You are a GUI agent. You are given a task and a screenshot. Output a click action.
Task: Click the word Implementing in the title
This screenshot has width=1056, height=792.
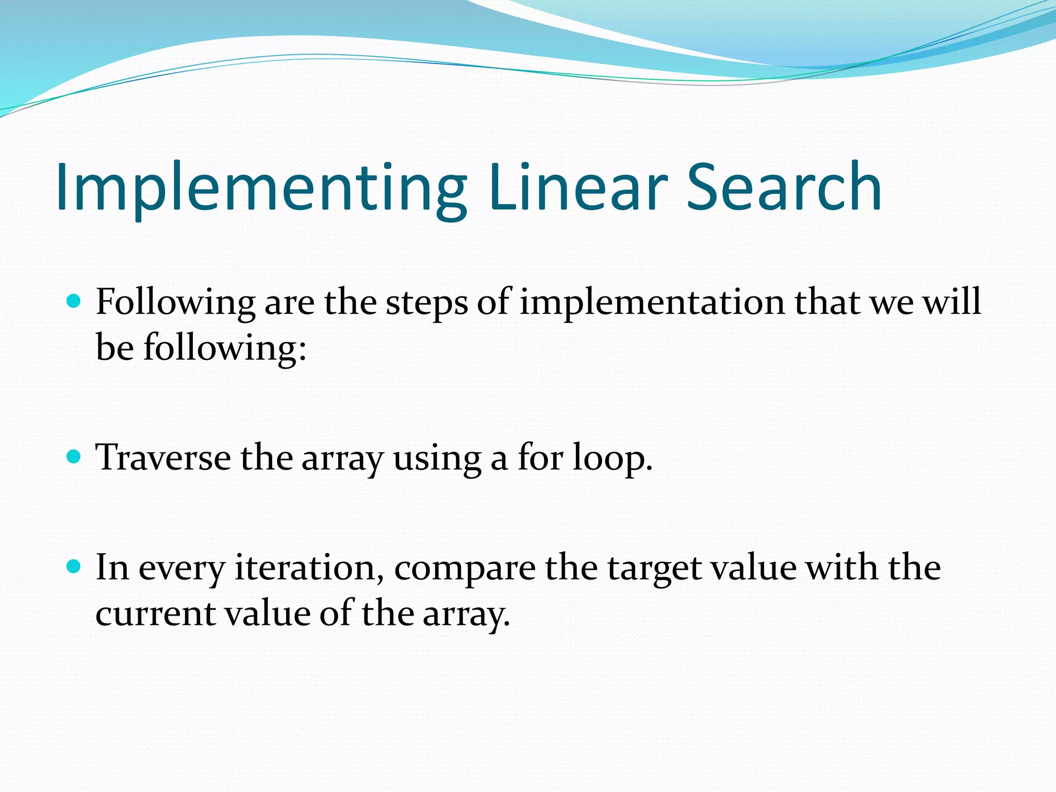260,188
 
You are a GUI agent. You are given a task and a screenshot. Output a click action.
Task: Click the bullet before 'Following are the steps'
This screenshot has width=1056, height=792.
74,301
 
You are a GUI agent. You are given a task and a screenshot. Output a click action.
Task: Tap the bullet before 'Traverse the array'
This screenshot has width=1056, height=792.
74,456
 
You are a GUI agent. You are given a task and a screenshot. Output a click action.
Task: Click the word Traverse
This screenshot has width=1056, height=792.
163,457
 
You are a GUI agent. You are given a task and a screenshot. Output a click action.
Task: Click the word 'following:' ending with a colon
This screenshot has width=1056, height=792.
225,348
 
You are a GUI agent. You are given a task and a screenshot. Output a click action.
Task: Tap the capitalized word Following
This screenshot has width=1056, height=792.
175,303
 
